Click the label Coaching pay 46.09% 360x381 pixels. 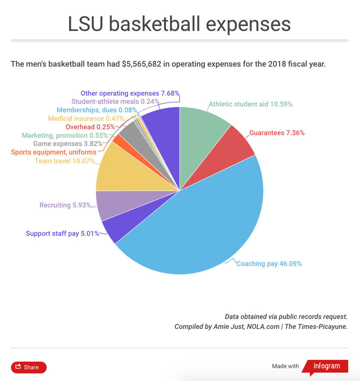click(x=269, y=264)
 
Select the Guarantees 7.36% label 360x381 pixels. click(x=277, y=133)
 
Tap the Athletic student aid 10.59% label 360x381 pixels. click(x=250, y=104)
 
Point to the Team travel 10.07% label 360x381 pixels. click(x=64, y=161)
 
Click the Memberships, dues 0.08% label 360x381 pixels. click(x=97, y=110)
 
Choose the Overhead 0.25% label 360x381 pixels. click(x=90, y=127)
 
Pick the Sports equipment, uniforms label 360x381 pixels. click(x=54, y=152)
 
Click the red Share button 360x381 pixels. click(x=29, y=367)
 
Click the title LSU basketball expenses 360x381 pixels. click(x=179, y=24)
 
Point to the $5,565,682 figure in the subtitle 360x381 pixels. click(x=141, y=64)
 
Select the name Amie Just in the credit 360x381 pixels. click(x=228, y=327)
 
